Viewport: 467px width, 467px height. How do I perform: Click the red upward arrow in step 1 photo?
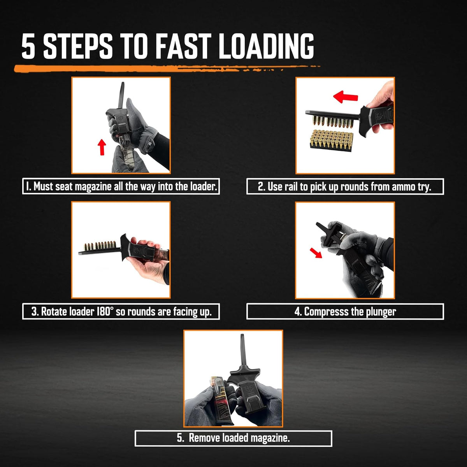pos(102,147)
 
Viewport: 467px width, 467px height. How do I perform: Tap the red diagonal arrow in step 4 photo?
pos(316,253)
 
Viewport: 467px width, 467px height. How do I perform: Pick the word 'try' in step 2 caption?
pos(424,187)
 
